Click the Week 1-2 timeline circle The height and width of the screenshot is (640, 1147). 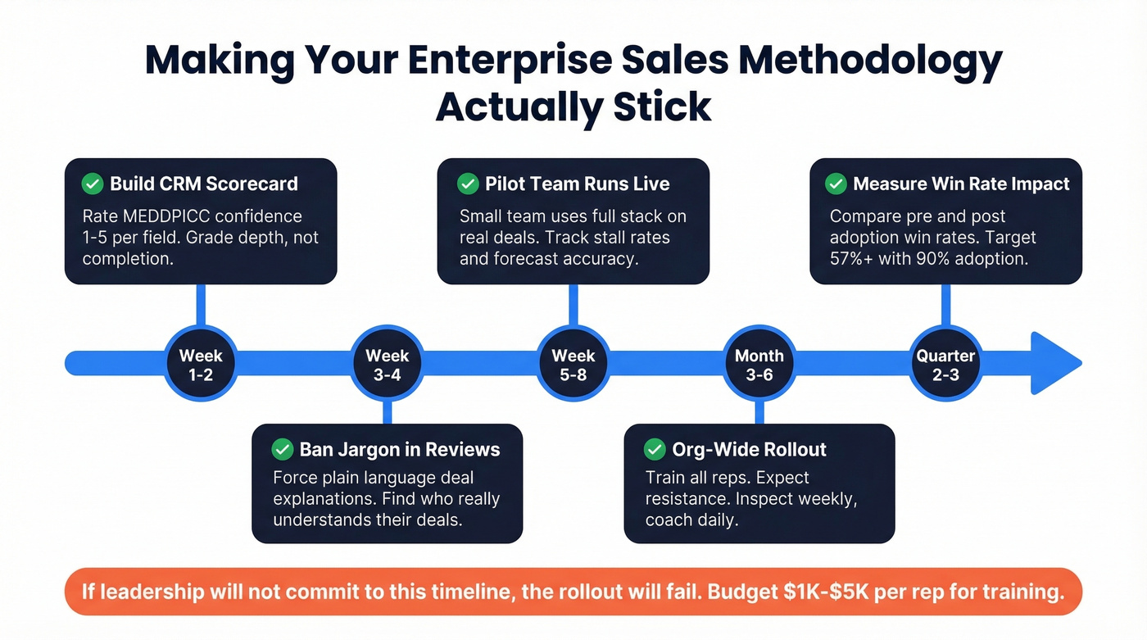201,364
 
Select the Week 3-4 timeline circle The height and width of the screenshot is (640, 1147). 387,364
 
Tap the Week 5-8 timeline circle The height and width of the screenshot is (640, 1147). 573,364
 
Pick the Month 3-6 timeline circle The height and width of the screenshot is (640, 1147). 759,364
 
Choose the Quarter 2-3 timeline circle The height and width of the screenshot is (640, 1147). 945,364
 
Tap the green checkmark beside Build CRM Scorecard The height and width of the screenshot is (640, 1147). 93,184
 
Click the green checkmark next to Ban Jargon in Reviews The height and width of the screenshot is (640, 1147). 283,449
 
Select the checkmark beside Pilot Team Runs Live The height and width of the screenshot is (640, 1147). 468,184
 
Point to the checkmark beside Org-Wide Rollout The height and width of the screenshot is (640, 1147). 655,449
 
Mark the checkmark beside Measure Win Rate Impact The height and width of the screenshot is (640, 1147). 836,184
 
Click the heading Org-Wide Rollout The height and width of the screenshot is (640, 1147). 749,449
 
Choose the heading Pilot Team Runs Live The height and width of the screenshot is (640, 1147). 577,184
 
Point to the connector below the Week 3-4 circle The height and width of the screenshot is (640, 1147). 387,413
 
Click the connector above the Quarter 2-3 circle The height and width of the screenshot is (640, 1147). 945,305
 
